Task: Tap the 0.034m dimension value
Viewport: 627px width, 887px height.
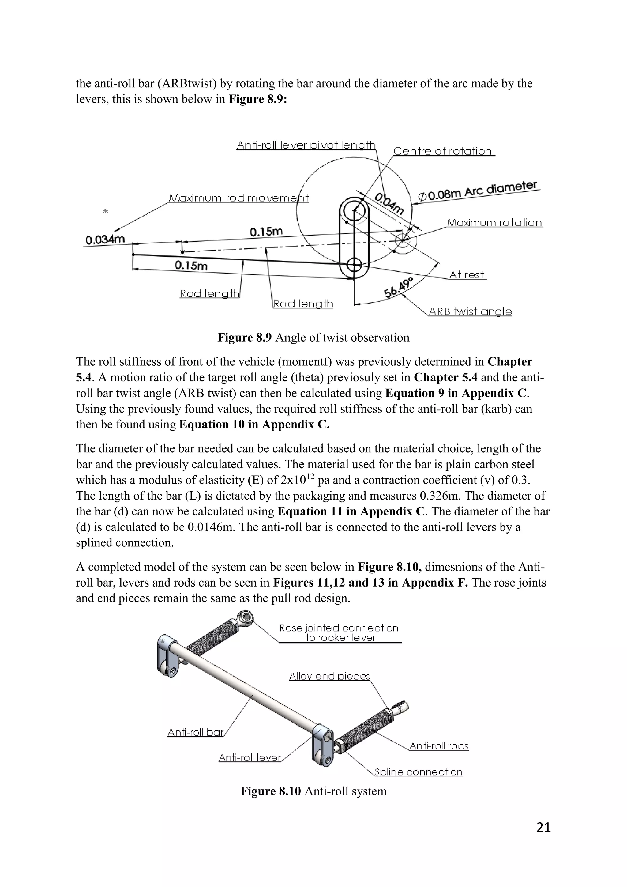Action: pos(105,240)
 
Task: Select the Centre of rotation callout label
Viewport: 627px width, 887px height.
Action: pos(442,151)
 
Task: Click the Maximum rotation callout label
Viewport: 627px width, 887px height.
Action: pos(494,223)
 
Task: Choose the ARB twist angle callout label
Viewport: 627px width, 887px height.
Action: pos(470,311)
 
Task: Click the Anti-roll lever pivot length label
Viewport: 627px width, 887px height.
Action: pos(306,145)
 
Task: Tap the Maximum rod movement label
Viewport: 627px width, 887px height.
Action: pos(238,198)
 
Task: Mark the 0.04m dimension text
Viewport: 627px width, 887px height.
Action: pos(389,204)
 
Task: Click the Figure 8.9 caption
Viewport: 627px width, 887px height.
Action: pos(313,338)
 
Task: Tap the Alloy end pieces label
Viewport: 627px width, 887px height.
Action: pos(329,676)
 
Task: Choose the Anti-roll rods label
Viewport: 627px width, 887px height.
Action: pos(439,746)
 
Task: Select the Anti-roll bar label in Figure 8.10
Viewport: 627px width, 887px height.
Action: pos(196,732)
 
